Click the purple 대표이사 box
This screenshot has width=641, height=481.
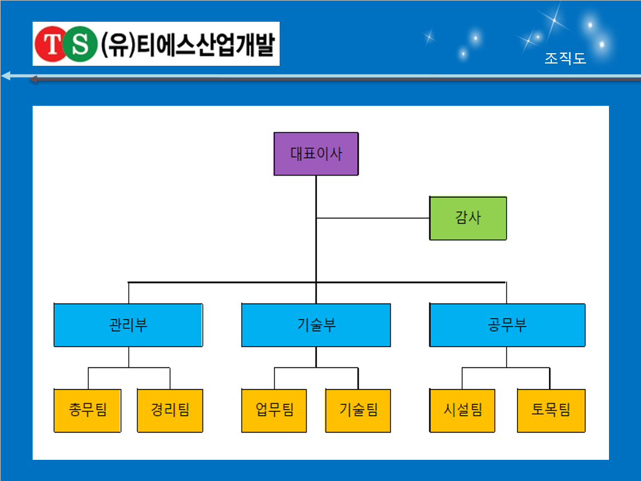316,154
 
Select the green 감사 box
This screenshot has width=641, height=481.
468,218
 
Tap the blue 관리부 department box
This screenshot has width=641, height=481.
128,325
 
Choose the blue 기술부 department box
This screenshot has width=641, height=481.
316,325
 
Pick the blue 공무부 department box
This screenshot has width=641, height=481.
507,325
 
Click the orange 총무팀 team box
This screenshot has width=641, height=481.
87,411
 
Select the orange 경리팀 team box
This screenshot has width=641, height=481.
170,411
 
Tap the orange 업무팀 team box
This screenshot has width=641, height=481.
274,411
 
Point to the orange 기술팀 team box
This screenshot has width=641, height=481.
358,411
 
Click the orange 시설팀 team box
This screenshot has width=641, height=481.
462,411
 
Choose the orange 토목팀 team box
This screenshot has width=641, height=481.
551,411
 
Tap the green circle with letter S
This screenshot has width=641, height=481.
81,44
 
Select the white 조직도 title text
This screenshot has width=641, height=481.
566,58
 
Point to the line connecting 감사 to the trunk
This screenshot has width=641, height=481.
373,218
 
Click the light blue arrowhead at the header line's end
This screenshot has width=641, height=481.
6,75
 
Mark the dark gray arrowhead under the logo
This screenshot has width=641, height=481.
34,79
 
